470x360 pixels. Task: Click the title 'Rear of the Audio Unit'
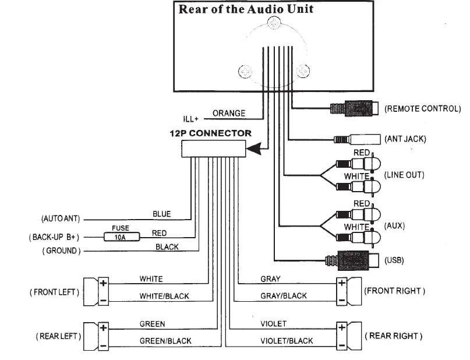[246, 10]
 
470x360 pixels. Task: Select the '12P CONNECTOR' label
[211, 133]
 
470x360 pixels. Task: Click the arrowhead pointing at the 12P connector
[253, 150]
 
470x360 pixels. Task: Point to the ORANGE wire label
[229, 113]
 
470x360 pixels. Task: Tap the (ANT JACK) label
[405, 139]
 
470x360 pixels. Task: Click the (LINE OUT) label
[404, 175]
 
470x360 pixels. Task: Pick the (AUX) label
[395, 225]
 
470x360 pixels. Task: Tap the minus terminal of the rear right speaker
[341, 344]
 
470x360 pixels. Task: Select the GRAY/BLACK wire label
[283, 296]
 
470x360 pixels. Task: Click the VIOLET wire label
[273, 323]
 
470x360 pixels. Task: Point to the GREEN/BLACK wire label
[164, 341]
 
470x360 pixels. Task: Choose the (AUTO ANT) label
[59, 220]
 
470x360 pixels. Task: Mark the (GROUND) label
[61, 251]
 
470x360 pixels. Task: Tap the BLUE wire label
[161, 214]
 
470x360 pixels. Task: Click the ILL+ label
[192, 119]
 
